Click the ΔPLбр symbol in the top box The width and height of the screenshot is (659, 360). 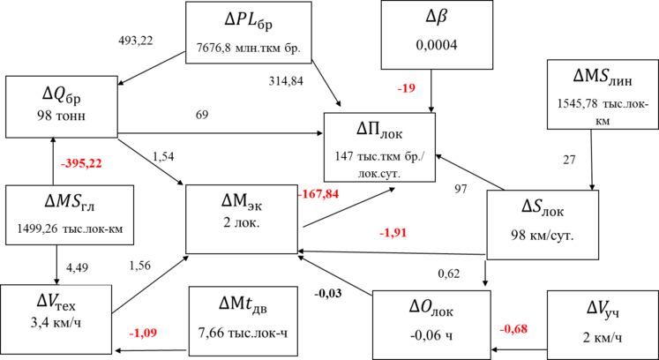[248, 20]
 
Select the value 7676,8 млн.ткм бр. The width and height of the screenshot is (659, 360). [249, 48]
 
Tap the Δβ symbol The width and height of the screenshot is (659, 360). [435, 19]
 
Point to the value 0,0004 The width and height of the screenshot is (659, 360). [435, 43]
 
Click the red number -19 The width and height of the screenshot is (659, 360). [407, 88]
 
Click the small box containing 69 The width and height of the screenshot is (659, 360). [220, 116]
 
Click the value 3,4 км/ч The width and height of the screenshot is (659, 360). [56, 322]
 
